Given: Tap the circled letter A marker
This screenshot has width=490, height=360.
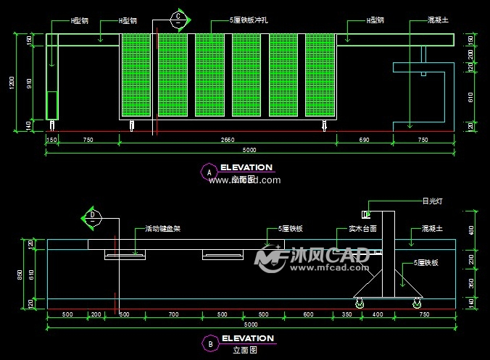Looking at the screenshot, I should (209, 172).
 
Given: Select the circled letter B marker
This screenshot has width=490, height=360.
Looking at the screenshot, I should (209, 343).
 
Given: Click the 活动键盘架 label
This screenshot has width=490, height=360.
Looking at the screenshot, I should (162, 229).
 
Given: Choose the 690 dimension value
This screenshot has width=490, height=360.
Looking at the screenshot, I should (365, 139).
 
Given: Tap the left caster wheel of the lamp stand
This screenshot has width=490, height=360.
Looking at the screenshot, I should (358, 301).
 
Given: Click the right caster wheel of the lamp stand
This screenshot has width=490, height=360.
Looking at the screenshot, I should (418, 301).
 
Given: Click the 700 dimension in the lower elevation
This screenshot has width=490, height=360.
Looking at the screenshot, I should (173, 315).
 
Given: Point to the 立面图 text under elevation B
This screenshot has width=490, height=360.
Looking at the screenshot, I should (245, 350).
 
